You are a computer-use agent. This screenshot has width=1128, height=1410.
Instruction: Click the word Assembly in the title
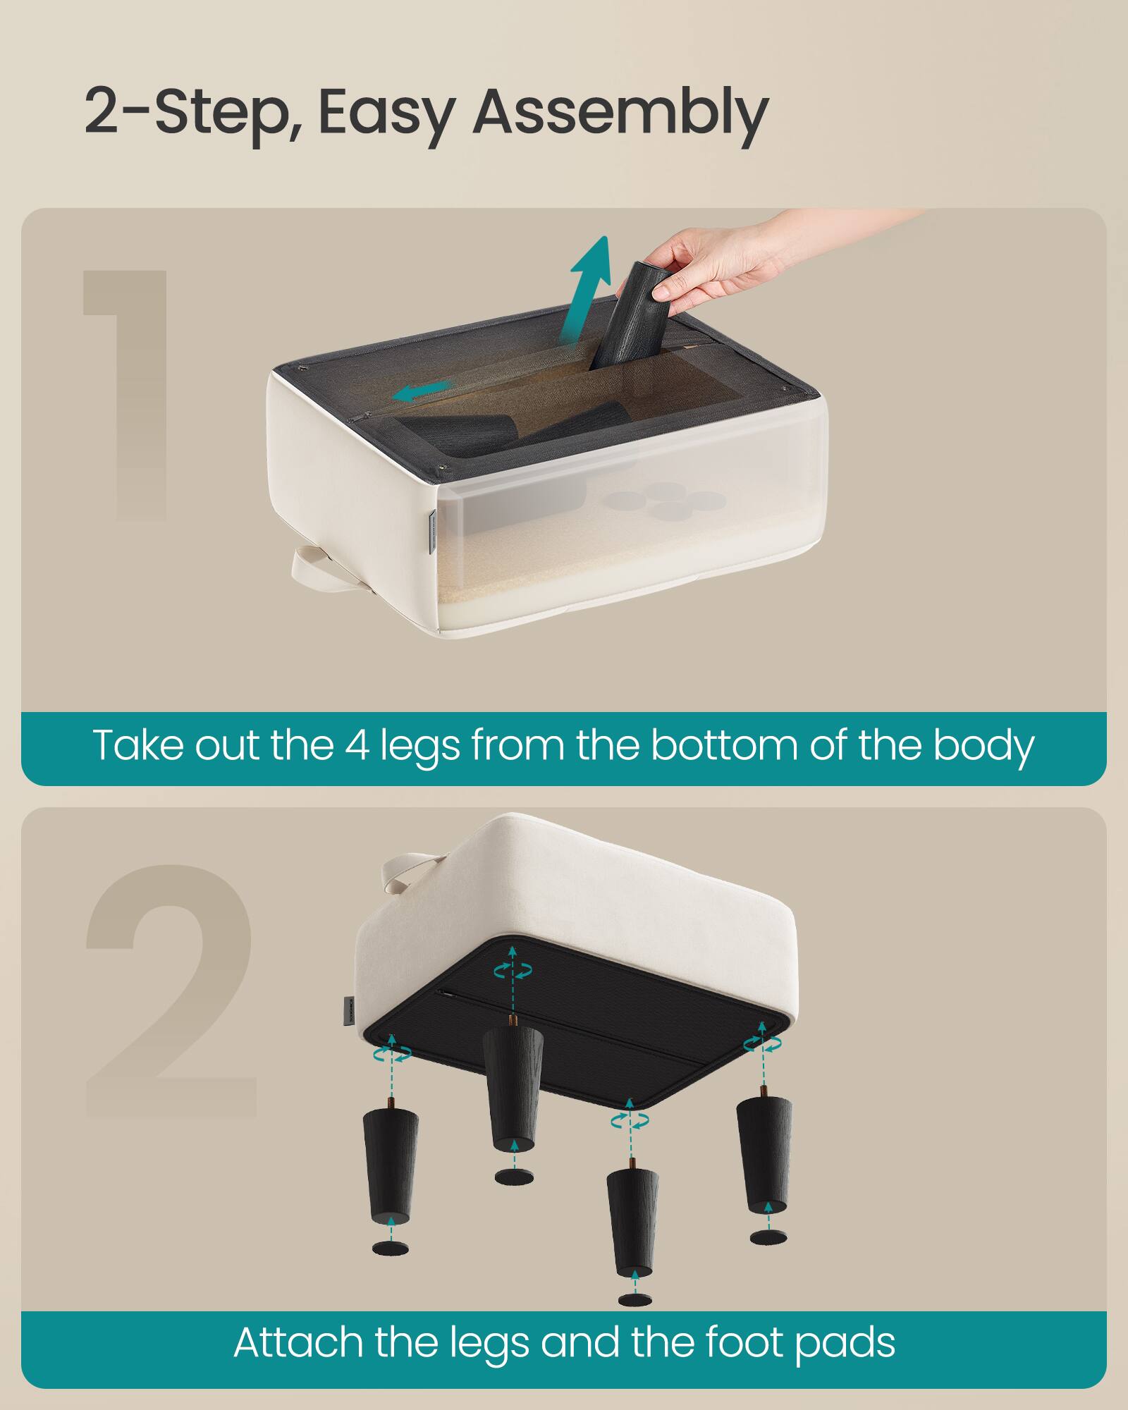click(620, 113)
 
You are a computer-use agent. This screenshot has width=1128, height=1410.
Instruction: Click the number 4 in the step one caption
click(357, 745)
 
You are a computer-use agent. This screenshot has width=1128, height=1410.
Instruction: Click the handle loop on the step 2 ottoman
click(409, 871)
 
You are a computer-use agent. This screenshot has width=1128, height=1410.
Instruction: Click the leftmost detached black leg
click(391, 1163)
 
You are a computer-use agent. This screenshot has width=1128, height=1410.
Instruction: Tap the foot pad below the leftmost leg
click(391, 1249)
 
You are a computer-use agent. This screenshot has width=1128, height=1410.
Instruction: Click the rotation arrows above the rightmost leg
click(761, 1043)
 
